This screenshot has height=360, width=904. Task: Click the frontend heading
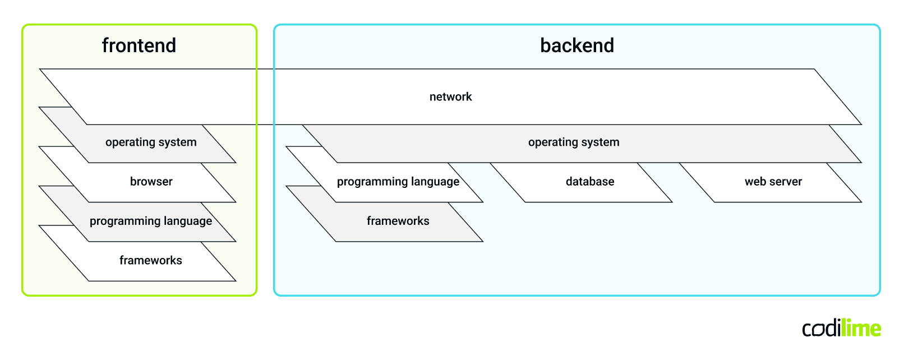[x=139, y=45]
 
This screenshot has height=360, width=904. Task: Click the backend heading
[x=576, y=45]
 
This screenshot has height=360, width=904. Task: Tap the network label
[x=450, y=97]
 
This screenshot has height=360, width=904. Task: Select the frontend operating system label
[x=151, y=142]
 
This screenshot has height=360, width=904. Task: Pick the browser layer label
[x=151, y=182]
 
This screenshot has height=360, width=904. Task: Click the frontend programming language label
[x=151, y=221]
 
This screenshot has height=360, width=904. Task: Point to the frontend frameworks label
[x=150, y=260]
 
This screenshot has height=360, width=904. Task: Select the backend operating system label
[x=574, y=142]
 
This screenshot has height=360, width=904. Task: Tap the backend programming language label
[x=398, y=182]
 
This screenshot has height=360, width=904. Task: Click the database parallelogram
[x=589, y=182]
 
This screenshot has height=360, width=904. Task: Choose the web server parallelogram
[x=773, y=182]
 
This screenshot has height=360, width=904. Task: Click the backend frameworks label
[x=398, y=221]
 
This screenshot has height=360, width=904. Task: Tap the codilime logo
[x=841, y=329]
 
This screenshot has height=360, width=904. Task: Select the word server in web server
[x=786, y=182]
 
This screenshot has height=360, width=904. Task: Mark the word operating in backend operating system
[x=552, y=142]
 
